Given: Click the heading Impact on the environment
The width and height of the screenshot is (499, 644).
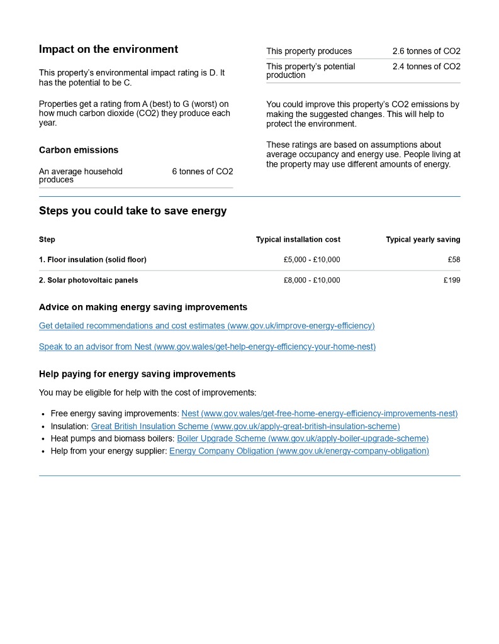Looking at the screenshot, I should point(108,49).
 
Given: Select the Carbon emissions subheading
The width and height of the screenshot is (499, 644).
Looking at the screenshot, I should point(79,150).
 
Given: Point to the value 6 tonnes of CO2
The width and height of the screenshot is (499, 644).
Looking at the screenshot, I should point(202,171).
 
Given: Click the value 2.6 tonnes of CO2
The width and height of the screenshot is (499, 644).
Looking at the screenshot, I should point(426,51).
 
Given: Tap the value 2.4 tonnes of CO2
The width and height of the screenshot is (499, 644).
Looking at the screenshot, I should point(426,66).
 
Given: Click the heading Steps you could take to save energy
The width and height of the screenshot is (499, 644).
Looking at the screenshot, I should point(133,211).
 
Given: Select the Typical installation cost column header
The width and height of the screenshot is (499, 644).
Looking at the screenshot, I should point(298,240).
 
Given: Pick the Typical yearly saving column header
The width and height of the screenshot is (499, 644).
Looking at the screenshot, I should point(423,240).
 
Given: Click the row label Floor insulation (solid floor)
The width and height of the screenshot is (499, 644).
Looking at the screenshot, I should point(93,260).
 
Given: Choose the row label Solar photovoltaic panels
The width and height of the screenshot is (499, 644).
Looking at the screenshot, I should point(88,280).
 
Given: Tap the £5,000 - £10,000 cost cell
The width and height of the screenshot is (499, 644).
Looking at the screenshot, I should point(311,260).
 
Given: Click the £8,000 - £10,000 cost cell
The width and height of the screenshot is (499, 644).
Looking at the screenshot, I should point(311,280).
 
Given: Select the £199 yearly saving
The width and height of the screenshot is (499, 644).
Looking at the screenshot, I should point(451,280).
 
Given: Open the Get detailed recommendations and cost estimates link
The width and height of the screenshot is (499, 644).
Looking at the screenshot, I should point(206,326).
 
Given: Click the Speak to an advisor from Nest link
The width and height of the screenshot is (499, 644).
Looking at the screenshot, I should point(207,347).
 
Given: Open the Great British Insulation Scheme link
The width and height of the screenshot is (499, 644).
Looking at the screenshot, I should point(245,426).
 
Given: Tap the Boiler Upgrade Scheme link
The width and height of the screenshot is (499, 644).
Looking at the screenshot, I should point(303,438).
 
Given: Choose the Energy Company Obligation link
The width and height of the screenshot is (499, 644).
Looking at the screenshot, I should point(299,451).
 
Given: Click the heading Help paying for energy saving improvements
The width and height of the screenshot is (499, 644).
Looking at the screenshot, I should point(137,374).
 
